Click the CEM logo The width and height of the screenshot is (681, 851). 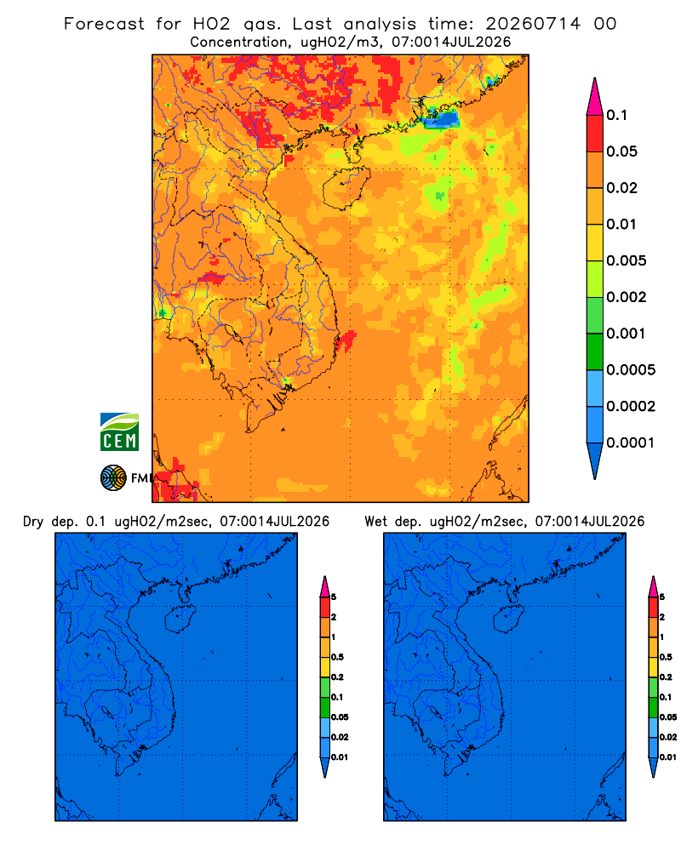pos(119,432)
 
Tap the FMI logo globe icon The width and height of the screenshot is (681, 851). pos(113,478)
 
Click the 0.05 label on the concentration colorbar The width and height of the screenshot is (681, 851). pos(621,151)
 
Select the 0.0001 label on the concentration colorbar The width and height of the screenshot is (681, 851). pos(631,443)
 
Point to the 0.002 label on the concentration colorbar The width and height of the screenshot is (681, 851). pos(627,297)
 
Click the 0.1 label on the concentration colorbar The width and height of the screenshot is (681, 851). pos(617,115)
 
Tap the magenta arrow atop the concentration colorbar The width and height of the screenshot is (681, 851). pos(595,96)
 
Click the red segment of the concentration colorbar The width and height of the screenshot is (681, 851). pos(595,134)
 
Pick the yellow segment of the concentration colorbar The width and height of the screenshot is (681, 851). pos(595,243)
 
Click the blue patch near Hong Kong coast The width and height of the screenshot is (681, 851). pos(441,119)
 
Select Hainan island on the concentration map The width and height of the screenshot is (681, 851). pos(346,188)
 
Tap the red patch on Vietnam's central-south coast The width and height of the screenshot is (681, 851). pos(346,341)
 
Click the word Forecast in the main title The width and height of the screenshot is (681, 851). pos(104,24)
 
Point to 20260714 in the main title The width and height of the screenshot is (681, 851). pos(533,24)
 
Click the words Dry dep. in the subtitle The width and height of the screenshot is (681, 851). pos(50,522)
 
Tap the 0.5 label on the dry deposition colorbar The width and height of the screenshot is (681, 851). pos(337,657)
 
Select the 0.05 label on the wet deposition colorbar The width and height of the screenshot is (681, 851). pos(668,717)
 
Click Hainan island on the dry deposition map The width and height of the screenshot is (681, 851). pos(180,620)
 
